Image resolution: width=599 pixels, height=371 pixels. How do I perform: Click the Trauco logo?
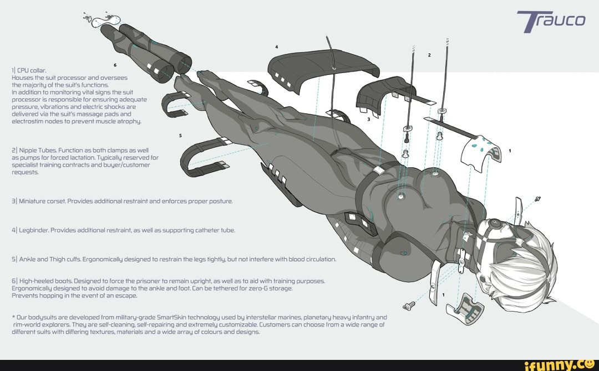[x=551, y=22]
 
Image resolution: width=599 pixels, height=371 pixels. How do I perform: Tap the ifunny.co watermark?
[x=559, y=365]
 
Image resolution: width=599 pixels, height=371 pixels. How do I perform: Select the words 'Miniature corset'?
[x=42, y=201]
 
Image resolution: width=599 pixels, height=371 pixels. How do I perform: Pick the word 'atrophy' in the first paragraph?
[x=129, y=122]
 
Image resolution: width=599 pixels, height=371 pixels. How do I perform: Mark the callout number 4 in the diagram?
[x=277, y=47]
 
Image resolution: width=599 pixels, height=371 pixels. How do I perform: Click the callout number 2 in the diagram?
[x=429, y=55]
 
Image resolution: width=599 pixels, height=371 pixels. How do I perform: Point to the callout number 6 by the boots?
[x=115, y=65]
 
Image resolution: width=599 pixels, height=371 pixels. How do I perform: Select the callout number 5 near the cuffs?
[x=180, y=136]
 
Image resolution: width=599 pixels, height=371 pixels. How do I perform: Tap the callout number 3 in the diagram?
[x=369, y=119]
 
